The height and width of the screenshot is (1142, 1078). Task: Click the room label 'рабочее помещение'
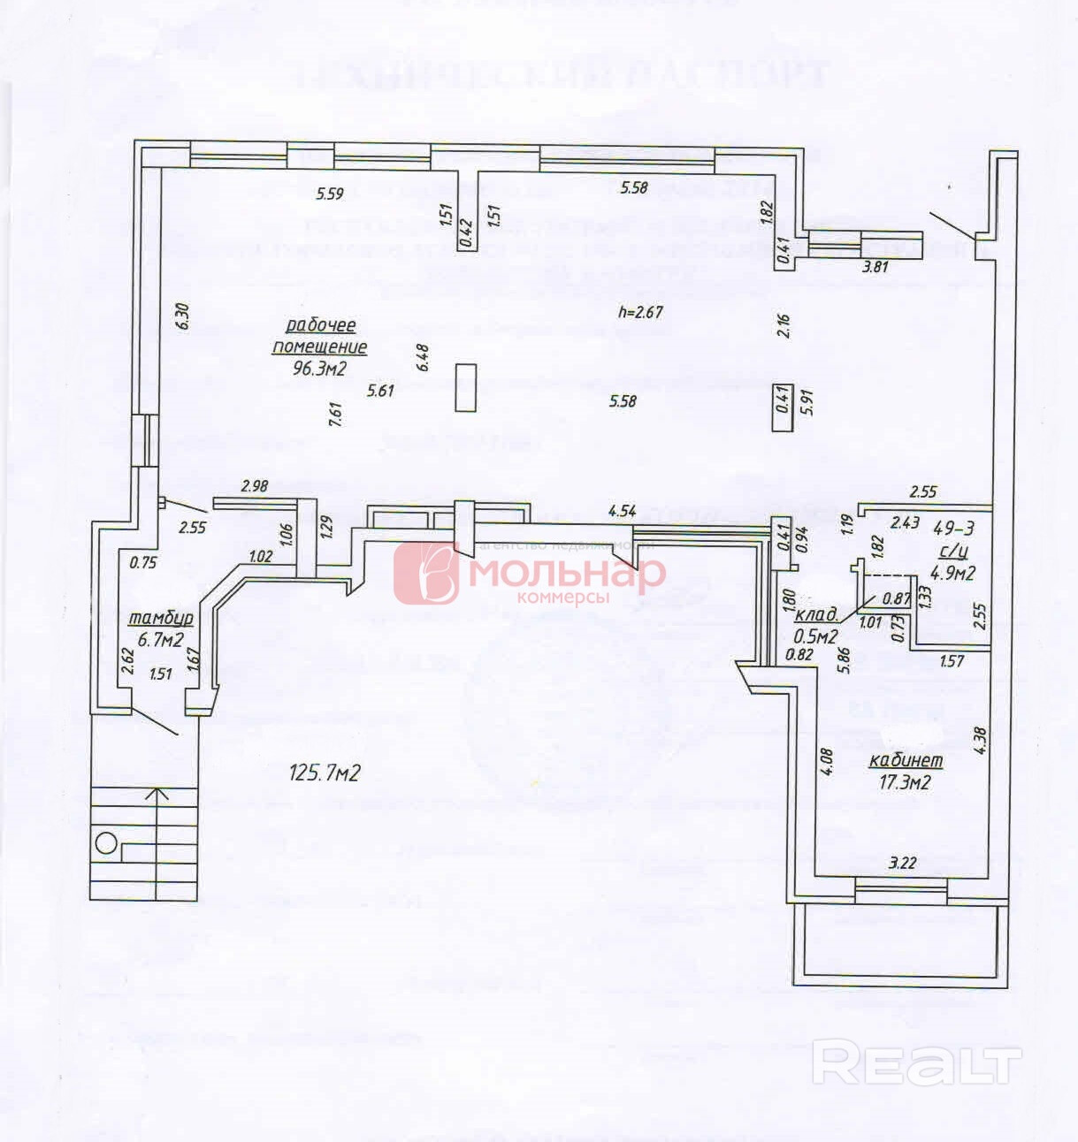click(319, 336)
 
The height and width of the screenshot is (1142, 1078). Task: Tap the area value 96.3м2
click(319, 368)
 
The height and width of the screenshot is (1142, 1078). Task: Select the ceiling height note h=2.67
click(640, 312)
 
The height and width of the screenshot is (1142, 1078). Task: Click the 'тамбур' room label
click(161, 618)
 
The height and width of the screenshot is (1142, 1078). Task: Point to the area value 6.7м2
click(160, 639)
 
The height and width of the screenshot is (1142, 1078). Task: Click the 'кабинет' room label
click(906, 760)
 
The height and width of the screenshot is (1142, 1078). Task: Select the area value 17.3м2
click(905, 781)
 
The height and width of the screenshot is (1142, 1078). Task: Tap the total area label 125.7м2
click(325, 773)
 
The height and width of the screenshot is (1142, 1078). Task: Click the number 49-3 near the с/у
click(954, 529)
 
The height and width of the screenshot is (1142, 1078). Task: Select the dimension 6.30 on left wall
click(183, 316)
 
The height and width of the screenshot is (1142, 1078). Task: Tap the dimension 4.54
click(623, 510)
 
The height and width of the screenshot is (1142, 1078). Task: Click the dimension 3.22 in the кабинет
click(902, 864)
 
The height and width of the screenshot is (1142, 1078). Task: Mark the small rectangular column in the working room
click(465, 387)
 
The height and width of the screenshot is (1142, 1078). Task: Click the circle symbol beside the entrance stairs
click(106, 842)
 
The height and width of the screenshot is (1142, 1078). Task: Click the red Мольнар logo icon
click(426, 573)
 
